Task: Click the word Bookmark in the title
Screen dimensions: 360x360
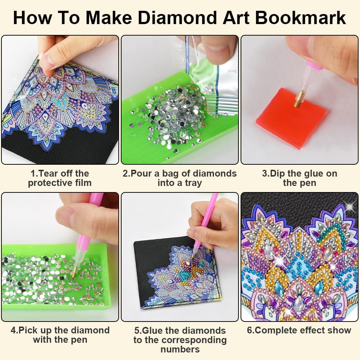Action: [300, 18]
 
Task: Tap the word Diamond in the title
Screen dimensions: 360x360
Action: [177, 18]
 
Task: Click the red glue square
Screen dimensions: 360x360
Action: [291, 118]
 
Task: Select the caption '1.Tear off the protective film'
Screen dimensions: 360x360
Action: [60, 178]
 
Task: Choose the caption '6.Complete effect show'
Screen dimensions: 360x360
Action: [299, 330]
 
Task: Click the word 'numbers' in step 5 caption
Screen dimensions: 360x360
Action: [180, 349]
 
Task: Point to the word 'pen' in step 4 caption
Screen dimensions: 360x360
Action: [80, 340]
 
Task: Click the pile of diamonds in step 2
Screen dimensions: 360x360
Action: [171, 115]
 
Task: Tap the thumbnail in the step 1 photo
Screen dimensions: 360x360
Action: [45, 60]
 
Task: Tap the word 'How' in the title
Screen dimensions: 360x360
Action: [32, 18]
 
